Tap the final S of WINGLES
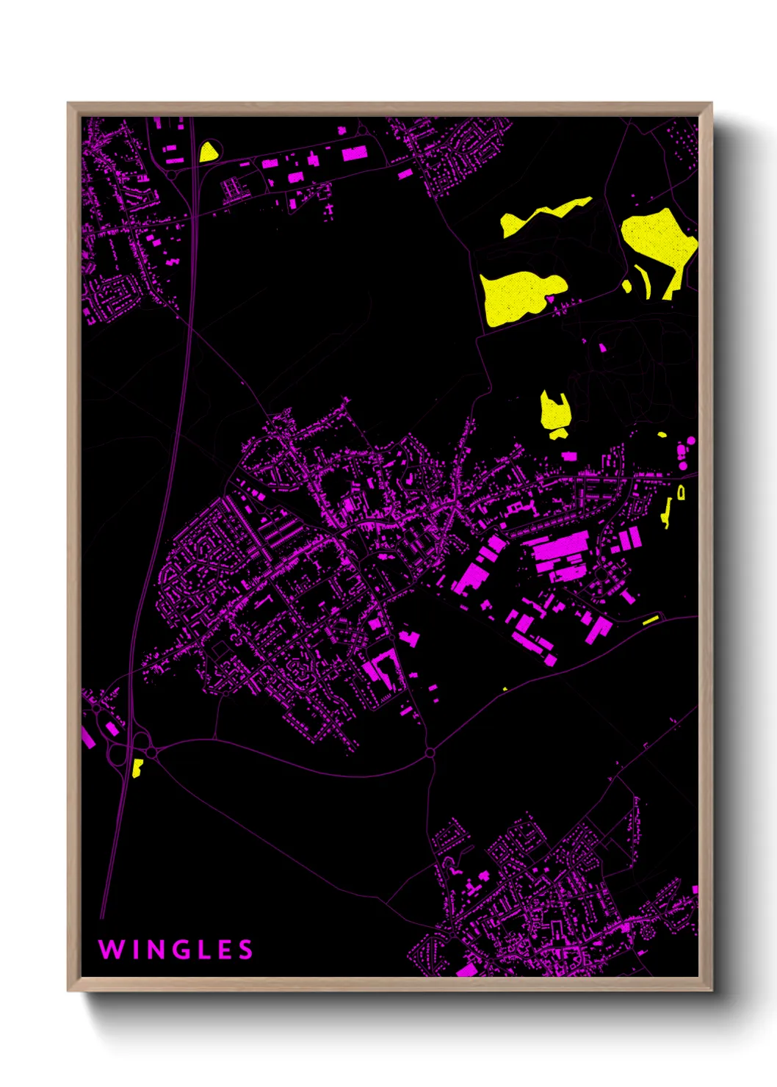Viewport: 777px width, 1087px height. [246, 950]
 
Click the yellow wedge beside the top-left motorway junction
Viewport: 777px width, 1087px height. [209, 152]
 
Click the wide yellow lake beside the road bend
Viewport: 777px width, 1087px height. [518, 296]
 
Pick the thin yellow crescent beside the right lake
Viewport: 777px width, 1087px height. [646, 283]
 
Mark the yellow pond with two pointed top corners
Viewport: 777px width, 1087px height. [554, 411]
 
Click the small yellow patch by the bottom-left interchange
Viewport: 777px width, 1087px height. [137, 768]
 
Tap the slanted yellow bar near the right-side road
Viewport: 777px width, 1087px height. [651, 621]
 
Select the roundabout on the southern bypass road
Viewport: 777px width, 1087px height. [430, 753]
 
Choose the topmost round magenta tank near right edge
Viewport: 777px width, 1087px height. [691, 441]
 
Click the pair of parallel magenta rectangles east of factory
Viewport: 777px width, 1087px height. [630, 538]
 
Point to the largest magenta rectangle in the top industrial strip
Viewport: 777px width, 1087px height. [355, 154]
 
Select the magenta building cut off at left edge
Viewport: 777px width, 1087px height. [87, 737]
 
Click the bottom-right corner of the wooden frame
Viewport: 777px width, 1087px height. [711, 990]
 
